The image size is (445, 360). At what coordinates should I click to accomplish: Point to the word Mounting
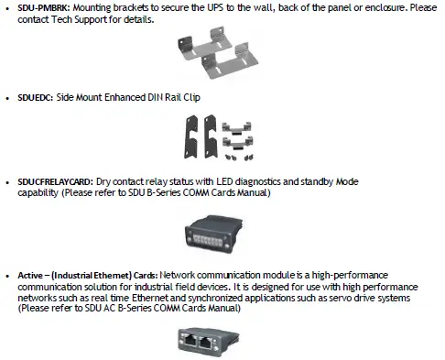(95, 7)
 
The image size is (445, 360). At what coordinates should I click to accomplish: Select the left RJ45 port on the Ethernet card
(210, 340)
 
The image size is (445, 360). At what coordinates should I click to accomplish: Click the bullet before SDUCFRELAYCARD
(7, 182)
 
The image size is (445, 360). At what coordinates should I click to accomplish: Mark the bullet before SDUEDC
(7, 96)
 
